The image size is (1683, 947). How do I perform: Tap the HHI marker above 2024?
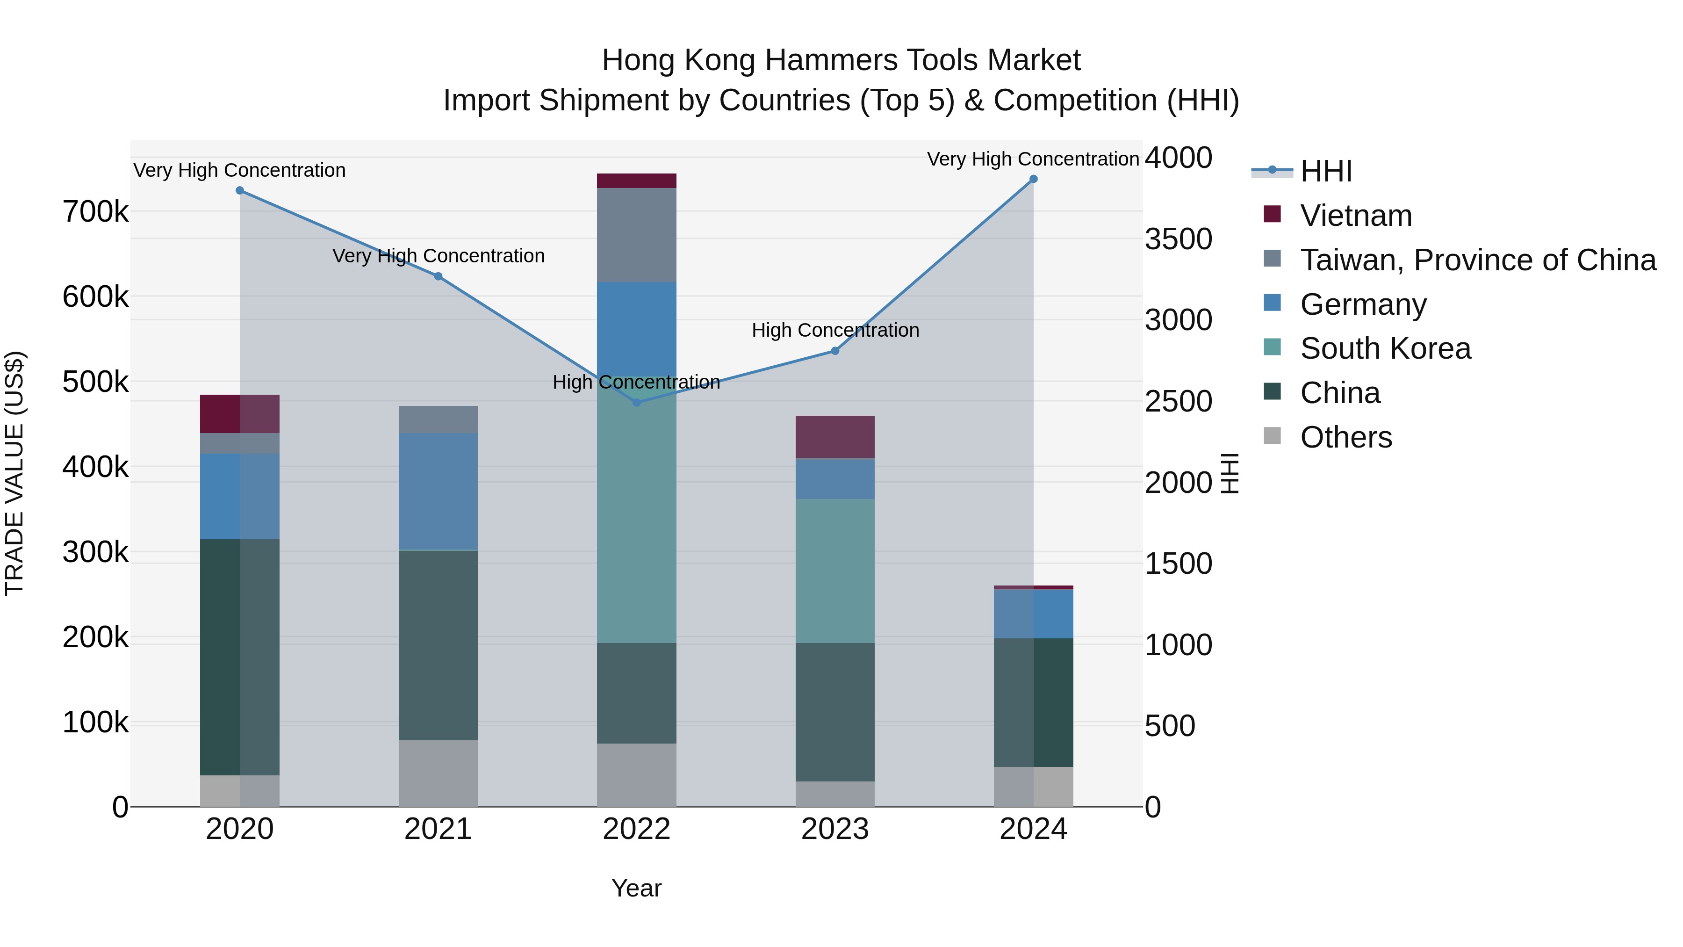coord(1033,179)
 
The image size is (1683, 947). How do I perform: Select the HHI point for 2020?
coord(240,191)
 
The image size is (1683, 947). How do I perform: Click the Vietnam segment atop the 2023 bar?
coord(834,437)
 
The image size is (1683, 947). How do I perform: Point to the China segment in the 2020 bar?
coord(240,657)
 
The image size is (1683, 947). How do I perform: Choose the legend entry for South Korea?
coord(1385,348)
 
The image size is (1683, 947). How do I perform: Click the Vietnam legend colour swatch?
coord(1272,214)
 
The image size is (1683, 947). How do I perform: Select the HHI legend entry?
coord(1326,171)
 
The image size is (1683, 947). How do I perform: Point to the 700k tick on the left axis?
coord(95,212)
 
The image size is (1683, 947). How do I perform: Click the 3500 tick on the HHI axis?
coord(1179,239)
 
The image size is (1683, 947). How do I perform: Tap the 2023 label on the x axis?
coord(834,829)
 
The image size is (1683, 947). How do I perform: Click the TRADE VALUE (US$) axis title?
coord(15,473)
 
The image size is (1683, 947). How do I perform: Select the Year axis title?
coord(636,888)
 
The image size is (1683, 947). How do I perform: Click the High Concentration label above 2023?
coord(835,330)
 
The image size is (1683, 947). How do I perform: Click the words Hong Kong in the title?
coord(679,60)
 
